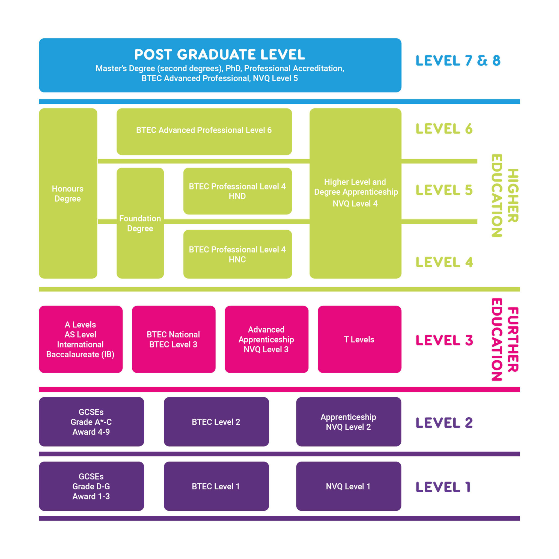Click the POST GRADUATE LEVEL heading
click(220, 55)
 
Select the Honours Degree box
click(68, 193)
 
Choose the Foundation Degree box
click(140, 223)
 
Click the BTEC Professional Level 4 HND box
click(237, 191)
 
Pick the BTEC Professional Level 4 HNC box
click(237, 254)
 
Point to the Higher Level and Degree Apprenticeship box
click(355, 193)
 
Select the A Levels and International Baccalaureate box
click(81, 339)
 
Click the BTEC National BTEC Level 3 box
click(173, 339)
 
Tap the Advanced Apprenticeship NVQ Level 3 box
click(266, 339)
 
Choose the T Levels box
click(359, 339)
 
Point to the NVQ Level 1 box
click(348, 486)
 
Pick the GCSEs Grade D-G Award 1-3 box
click(91, 486)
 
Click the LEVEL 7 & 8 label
click(458, 61)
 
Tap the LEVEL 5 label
click(444, 190)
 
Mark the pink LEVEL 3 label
click(444, 340)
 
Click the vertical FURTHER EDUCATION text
click(505, 339)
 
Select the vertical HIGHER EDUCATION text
click(505, 196)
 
